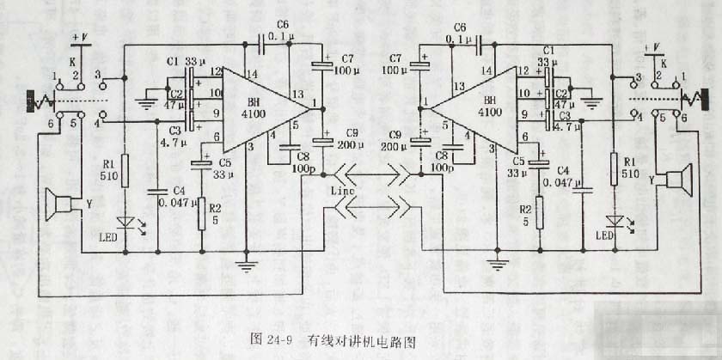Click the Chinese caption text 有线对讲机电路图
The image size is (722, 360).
point(361,338)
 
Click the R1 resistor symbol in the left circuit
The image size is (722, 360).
point(125,171)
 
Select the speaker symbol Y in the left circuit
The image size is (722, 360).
point(64,204)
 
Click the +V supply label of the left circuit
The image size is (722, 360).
point(80,37)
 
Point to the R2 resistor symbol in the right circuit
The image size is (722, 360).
point(538,212)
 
